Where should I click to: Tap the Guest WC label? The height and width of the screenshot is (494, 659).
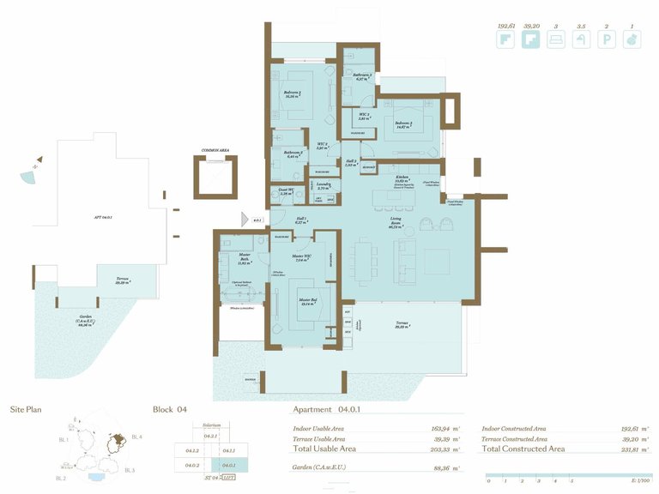tap(287, 191)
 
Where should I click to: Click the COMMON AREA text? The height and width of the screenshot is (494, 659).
tap(215, 150)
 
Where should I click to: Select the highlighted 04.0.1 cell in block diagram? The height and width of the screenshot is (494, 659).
tap(229, 465)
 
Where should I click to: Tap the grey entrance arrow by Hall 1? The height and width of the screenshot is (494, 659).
tap(245, 219)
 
